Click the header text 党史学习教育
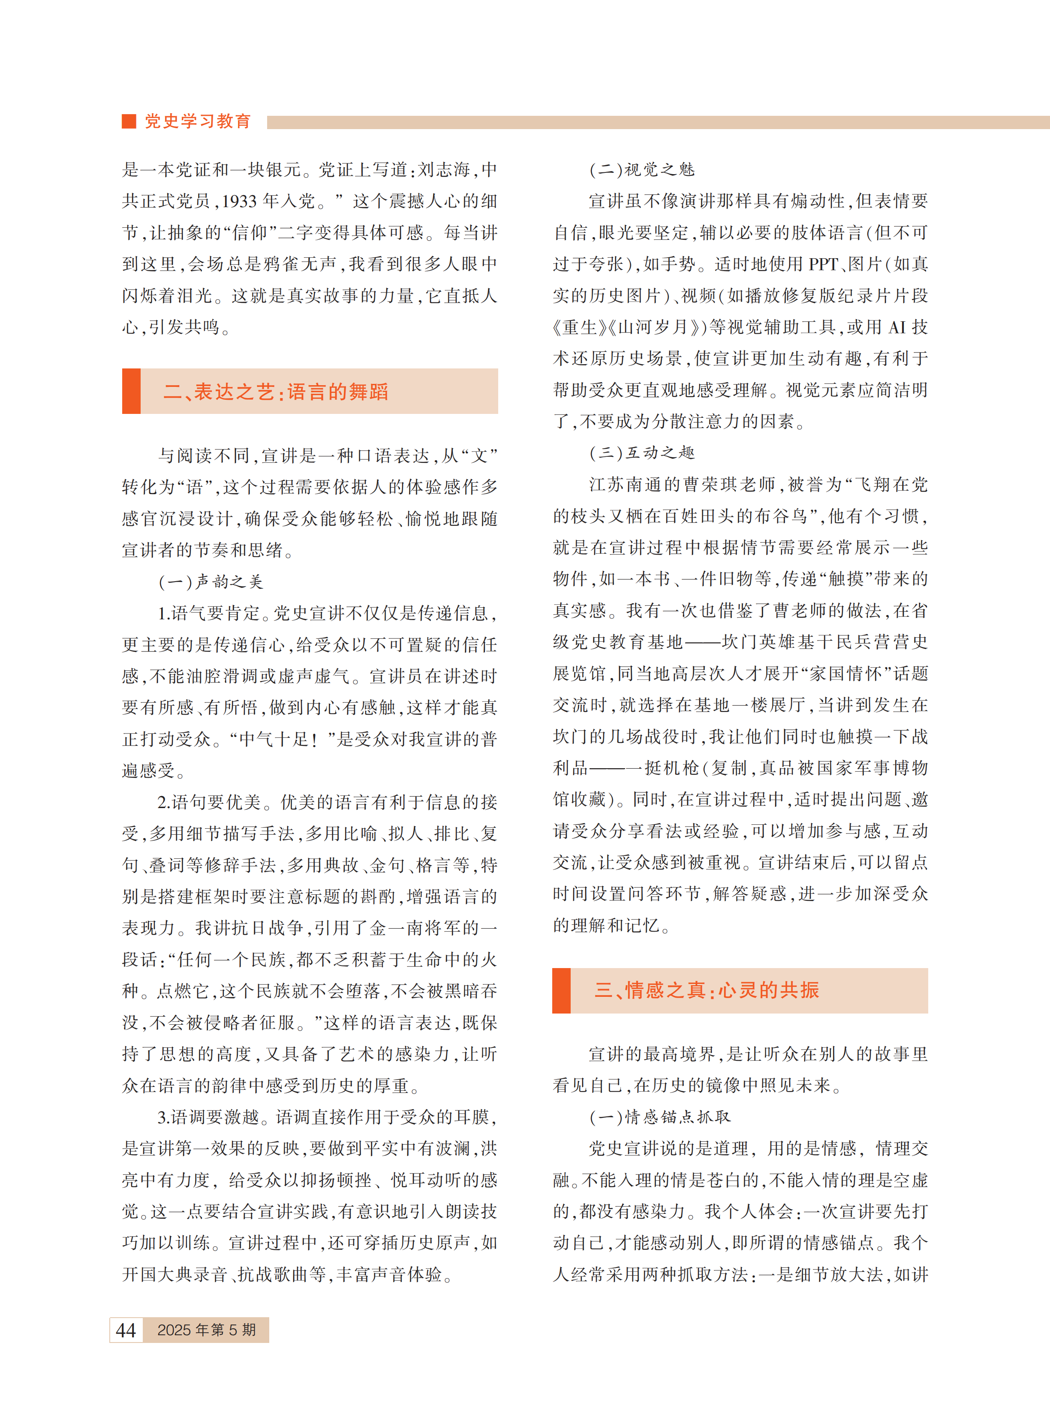coord(198,121)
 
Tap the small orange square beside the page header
coord(129,121)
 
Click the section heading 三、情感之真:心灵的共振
coord(707,990)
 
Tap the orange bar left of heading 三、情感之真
coord(561,990)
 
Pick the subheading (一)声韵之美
coord(211,582)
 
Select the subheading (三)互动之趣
coord(642,453)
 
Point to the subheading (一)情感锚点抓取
coord(660,1117)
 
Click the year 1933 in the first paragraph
coord(240,202)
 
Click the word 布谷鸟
coord(780,516)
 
